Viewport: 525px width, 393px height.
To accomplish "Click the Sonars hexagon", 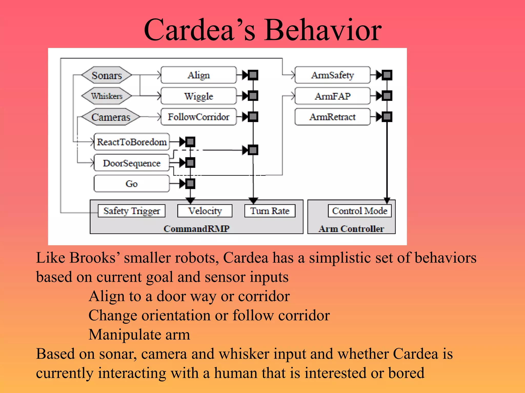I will point(107,75).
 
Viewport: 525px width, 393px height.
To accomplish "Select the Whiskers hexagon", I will point(107,96).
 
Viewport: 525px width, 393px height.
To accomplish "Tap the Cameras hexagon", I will point(111,117).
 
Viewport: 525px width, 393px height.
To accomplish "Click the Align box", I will point(199,75).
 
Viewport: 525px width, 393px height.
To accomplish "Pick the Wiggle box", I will point(199,96).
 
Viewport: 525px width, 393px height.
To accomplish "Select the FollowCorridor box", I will point(199,117).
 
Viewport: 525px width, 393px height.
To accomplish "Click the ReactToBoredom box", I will point(132,142).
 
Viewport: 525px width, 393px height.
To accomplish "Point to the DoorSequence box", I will point(132,163).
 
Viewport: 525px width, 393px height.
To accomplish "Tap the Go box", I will point(132,183).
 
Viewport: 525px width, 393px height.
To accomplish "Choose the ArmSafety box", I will point(332,75).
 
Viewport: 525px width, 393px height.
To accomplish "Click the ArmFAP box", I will point(332,96).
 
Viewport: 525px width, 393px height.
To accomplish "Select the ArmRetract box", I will point(332,117).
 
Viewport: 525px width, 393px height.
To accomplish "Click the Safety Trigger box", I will point(132,211).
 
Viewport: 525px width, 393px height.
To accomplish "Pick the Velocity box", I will point(205,211).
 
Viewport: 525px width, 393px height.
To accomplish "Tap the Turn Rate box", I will point(270,211).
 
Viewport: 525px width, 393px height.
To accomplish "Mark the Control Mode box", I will point(360,211).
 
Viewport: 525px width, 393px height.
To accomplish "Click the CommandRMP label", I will point(197,228).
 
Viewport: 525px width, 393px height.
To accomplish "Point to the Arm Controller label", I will point(351,228).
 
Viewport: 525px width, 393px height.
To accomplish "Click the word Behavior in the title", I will point(323,30).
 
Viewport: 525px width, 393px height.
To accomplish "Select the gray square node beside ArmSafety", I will point(387,75).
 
